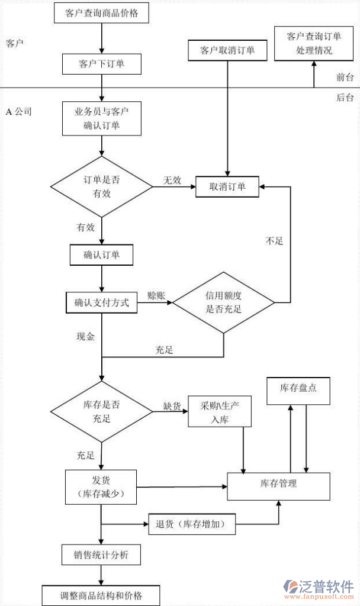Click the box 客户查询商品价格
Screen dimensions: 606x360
102,13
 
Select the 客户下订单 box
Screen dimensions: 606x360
102,63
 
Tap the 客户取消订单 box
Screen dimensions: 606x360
228,50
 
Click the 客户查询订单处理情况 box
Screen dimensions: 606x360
314,43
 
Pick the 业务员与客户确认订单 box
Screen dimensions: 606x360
102,118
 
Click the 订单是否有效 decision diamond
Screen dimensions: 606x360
102,186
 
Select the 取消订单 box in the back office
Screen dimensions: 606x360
227,186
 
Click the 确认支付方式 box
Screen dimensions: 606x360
101,302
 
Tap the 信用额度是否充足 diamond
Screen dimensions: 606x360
224,302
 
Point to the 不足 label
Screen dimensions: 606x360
275,241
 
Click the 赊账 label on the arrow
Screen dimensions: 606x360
156,295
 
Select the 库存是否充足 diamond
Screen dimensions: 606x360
102,412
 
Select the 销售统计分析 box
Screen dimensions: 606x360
102,555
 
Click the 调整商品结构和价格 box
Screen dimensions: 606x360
101,595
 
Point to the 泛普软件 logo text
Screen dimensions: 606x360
329,586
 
